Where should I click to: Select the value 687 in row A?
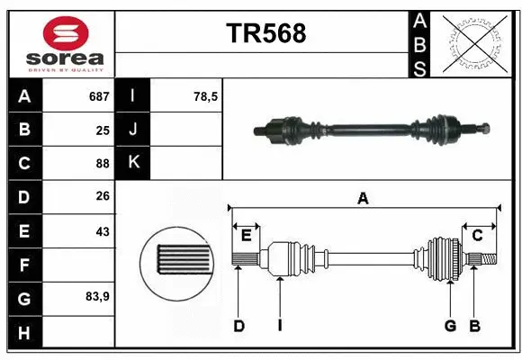click(x=97, y=96)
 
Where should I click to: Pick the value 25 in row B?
click(x=102, y=130)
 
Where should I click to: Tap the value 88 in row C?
click(x=102, y=164)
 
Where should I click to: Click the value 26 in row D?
click(x=102, y=197)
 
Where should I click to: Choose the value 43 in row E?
click(x=102, y=231)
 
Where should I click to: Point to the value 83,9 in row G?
click(x=97, y=296)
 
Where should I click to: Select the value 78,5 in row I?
click(x=206, y=96)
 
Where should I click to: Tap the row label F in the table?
click(x=24, y=265)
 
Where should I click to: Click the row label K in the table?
click(x=133, y=163)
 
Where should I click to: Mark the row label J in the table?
click(x=133, y=130)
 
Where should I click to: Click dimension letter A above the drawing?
click(x=364, y=198)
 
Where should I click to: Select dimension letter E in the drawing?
click(x=246, y=236)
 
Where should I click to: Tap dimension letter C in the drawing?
click(x=478, y=236)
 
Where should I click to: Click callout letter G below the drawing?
click(x=450, y=326)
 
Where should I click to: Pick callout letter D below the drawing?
click(x=239, y=326)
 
